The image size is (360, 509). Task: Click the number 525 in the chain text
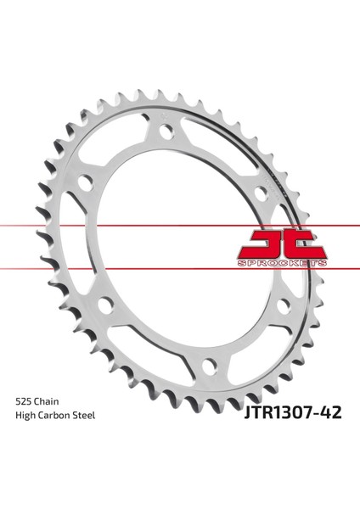click(24, 401)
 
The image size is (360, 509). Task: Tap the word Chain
click(47, 401)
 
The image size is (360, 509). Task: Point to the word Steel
click(83, 416)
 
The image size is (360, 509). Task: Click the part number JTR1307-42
click(293, 412)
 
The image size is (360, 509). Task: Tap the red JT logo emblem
click(283, 244)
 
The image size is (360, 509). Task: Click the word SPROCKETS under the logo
click(282, 263)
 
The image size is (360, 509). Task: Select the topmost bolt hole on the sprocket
click(166, 131)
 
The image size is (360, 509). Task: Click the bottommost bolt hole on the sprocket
click(210, 366)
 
